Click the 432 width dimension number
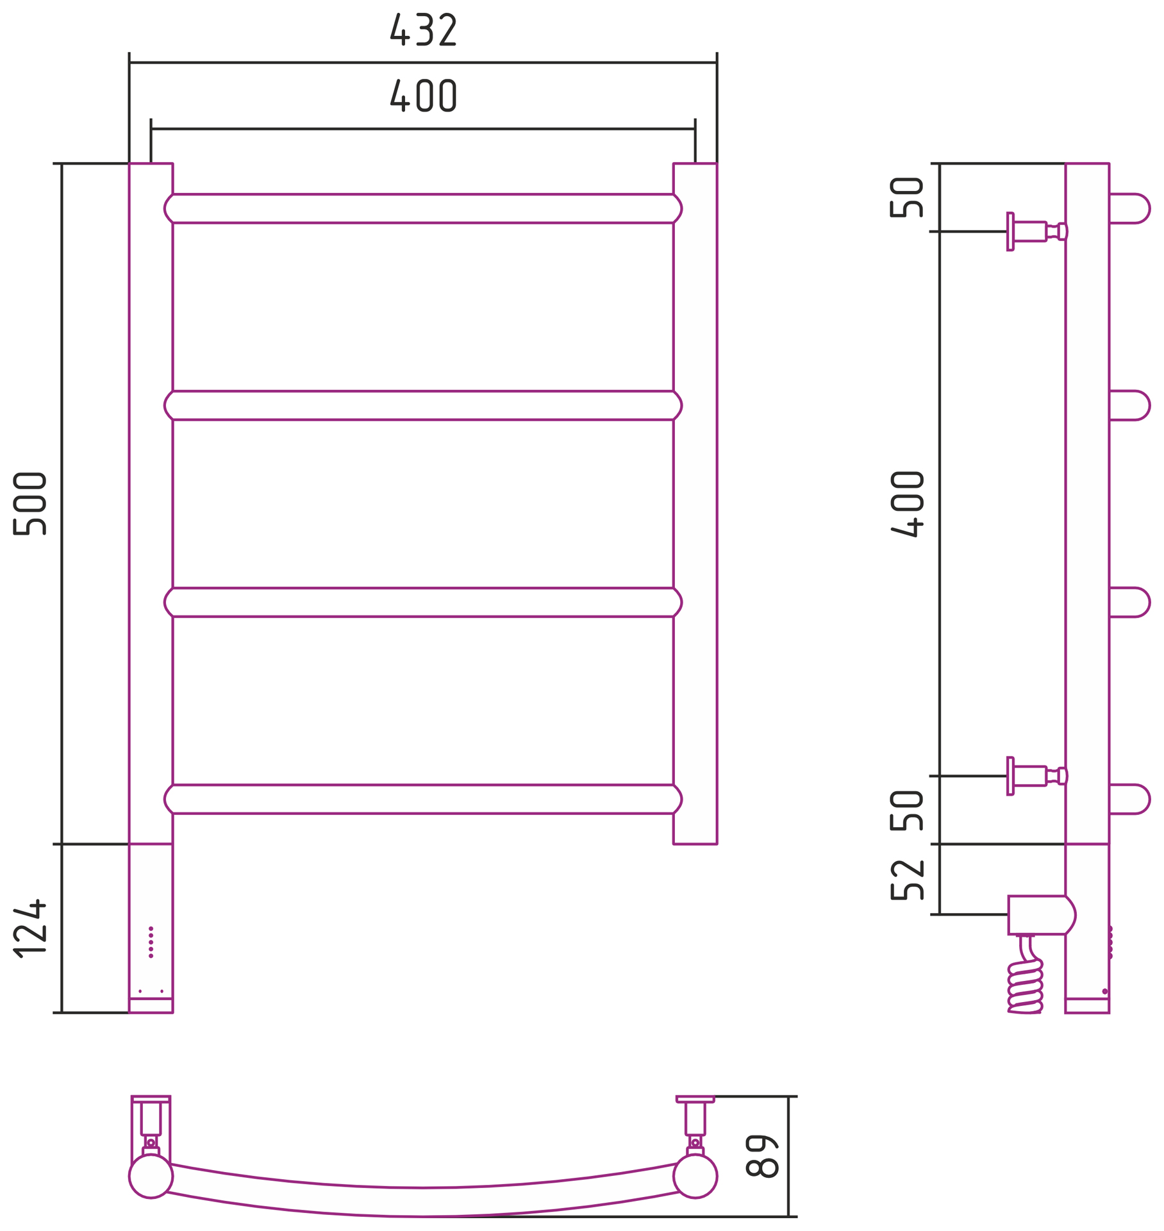[x=423, y=29]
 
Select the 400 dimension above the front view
[x=423, y=96]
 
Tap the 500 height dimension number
[x=29, y=503]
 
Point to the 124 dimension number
[x=29, y=929]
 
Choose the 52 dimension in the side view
[x=907, y=880]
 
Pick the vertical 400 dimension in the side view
[x=907, y=504]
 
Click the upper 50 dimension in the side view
[x=907, y=197]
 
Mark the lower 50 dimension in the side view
[x=907, y=810]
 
